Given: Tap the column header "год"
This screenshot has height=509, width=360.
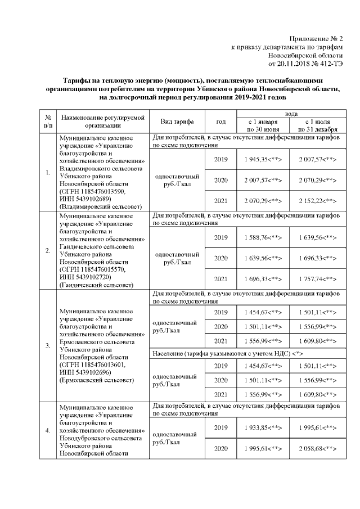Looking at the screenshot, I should tap(221, 121).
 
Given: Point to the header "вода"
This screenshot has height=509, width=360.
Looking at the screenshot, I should tap(291, 114).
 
